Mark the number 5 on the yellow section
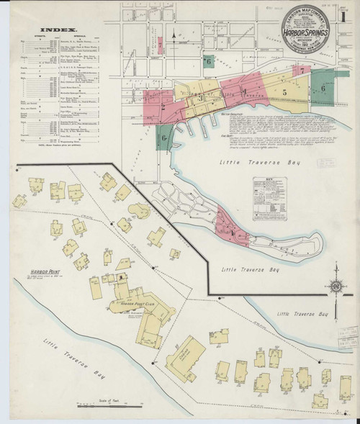(285, 92)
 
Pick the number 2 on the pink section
(163, 108)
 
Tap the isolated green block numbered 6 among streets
(209, 63)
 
